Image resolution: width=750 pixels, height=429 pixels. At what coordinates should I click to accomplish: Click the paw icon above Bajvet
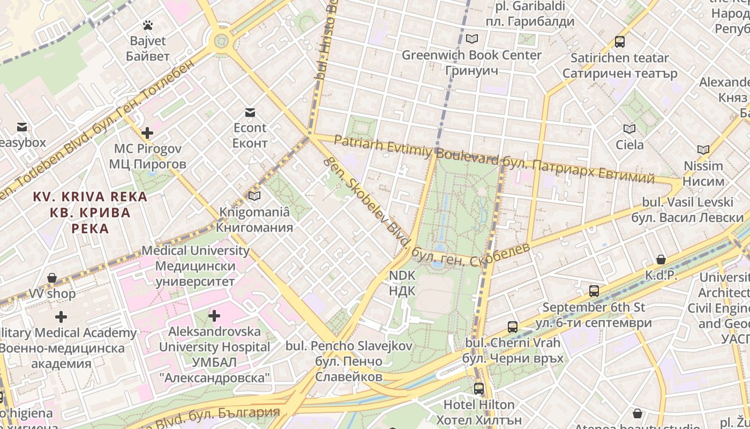[x=147, y=25]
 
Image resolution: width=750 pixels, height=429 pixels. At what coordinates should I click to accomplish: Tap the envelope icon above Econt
[x=250, y=113]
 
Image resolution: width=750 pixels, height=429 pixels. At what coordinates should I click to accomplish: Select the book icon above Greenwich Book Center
[x=471, y=39]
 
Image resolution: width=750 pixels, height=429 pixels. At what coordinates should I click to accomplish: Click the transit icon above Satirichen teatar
[x=619, y=41]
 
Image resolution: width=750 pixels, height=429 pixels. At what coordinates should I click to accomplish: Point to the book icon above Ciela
[x=629, y=129]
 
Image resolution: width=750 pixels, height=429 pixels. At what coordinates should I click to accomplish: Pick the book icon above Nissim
[x=703, y=150]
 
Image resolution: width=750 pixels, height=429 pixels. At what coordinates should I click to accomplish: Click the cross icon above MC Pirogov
[x=147, y=133]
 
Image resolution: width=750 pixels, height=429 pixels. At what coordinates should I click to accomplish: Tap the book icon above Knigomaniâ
[x=254, y=196]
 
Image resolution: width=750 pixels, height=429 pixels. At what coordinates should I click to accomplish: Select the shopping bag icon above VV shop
[x=52, y=278]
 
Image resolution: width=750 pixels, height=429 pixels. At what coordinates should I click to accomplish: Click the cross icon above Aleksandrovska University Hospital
[x=214, y=316]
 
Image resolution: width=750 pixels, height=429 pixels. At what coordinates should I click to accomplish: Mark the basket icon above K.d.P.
[x=661, y=260]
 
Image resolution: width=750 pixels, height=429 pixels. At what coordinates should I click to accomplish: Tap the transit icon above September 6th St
[x=594, y=291]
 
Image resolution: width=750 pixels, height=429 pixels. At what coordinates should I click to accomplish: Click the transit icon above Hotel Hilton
[x=478, y=389]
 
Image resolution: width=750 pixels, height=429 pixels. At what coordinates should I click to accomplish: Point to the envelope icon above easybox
[x=22, y=127]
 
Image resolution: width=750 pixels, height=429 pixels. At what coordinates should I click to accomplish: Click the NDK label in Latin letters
[x=402, y=276]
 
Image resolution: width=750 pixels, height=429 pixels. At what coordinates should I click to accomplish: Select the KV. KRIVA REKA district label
[x=90, y=197]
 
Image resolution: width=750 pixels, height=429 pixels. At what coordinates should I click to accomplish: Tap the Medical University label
[x=195, y=250]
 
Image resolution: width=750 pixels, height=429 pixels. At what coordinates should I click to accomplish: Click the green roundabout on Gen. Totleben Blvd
[x=221, y=40]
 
